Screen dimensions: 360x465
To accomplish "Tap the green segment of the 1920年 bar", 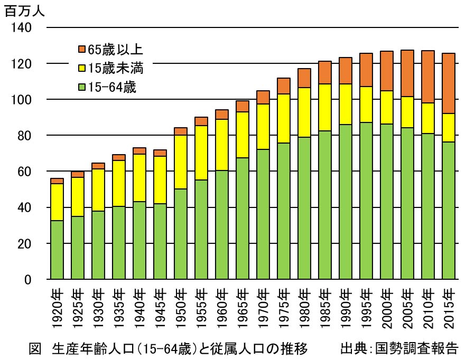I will click(x=57, y=250).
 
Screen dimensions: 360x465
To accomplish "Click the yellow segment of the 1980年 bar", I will click(x=304, y=112).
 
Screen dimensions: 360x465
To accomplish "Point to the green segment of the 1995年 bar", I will click(x=366, y=201).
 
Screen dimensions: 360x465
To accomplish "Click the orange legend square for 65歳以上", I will click(x=81, y=50).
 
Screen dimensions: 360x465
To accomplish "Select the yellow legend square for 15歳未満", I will click(x=81, y=69).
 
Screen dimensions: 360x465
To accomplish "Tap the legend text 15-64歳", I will click(x=112, y=88).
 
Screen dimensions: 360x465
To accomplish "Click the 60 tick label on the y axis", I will click(x=25, y=172).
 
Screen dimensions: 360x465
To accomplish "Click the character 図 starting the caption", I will click(x=34, y=349).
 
